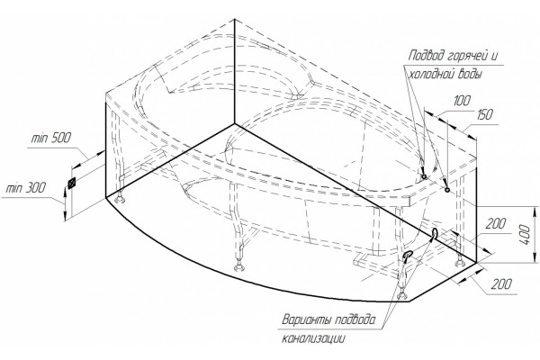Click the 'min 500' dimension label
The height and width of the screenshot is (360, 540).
click(x=51, y=138)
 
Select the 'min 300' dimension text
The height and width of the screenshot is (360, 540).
click(x=26, y=188)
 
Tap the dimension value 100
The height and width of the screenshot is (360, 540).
click(x=462, y=101)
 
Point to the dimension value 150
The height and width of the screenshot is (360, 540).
click(x=484, y=114)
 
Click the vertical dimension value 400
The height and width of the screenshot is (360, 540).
click(x=526, y=234)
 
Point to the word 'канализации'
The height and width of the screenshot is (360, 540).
click(x=313, y=338)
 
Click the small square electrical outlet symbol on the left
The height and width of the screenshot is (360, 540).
click(x=72, y=183)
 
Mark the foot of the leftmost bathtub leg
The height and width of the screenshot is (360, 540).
click(x=120, y=199)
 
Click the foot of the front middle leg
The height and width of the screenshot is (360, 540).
click(x=238, y=267)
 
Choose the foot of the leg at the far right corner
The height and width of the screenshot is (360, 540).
click(x=459, y=263)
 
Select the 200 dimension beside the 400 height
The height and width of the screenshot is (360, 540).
click(x=496, y=224)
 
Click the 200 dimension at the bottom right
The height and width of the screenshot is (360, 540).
click(x=501, y=284)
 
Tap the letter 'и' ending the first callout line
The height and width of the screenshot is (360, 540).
click(x=494, y=56)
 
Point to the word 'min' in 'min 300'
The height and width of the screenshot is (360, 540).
click(x=14, y=188)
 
